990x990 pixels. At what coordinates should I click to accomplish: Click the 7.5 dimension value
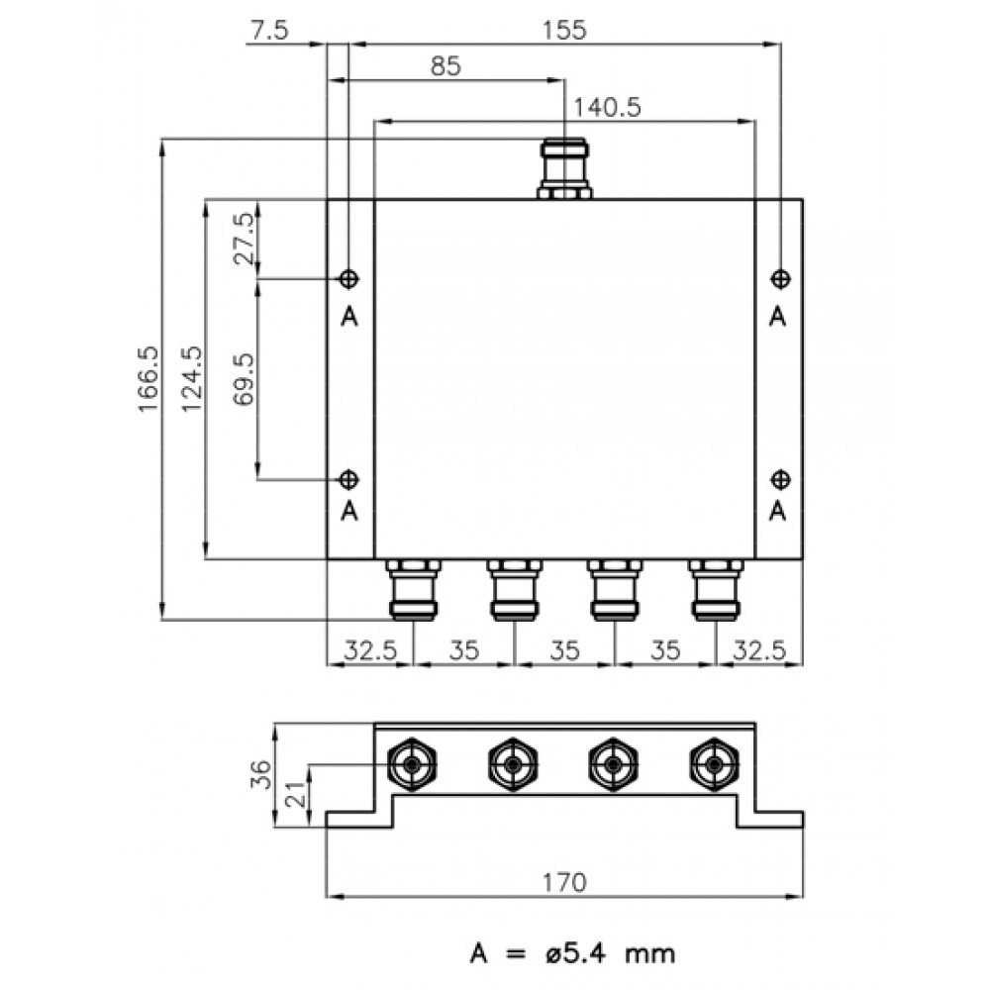pyautogui.click(x=269, y=30)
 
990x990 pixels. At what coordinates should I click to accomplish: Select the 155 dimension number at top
pyautogui.click(x=564, y=30)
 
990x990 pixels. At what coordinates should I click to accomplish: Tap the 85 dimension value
pyautogui.click(x=445, y=65)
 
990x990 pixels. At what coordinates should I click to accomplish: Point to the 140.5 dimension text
pyautogui.click(x=607, y=107)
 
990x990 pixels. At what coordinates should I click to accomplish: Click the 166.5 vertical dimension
pyautogui.click(x=148, y=379)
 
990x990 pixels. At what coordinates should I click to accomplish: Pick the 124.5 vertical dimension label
pyautogui.click(x=192, y=379)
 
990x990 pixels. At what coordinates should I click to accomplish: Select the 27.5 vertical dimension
pyautogui.click(x=245, y=239)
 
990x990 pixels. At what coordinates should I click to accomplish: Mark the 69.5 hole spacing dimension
pyautogui.click(x=245, y=379)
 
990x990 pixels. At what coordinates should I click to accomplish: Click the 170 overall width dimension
pyautogui.click(x=564, y=882)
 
